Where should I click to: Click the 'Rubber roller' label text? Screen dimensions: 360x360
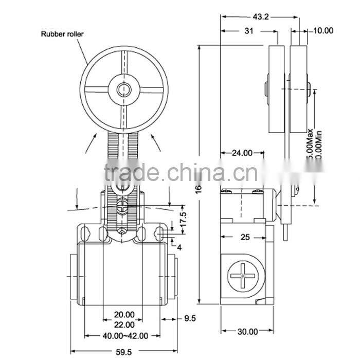pos(62,34)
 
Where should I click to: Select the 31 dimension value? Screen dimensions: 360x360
pos(249,31)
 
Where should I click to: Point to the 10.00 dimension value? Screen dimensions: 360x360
pos(322,31)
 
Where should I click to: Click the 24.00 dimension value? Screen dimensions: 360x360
pos(242,152)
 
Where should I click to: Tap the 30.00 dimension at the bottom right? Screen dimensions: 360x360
pos(247,332)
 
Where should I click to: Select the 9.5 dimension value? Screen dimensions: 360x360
pos(190,318)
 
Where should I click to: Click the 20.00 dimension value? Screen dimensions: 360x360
pos(124,315)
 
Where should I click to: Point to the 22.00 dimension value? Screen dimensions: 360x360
pos(124,325)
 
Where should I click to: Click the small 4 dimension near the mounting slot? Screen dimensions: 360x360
pos(179,247)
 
